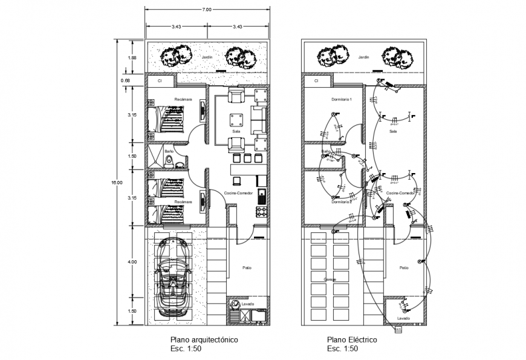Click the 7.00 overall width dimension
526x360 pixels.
click(207, 10)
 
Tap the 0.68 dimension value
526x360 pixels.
click(125, 80)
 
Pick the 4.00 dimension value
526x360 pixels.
click(132, 262)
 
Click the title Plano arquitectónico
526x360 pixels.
click(204, 341)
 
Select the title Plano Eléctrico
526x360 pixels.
click(352, 341)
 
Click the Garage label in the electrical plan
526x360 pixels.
click(330, 279)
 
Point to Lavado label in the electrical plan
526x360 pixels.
click(403, 318)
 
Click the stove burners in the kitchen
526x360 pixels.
click(262, 211)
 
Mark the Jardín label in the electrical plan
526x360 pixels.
click(363, 57)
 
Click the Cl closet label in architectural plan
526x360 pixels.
click(160, 80)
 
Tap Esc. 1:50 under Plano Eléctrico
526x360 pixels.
click(342, 350)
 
